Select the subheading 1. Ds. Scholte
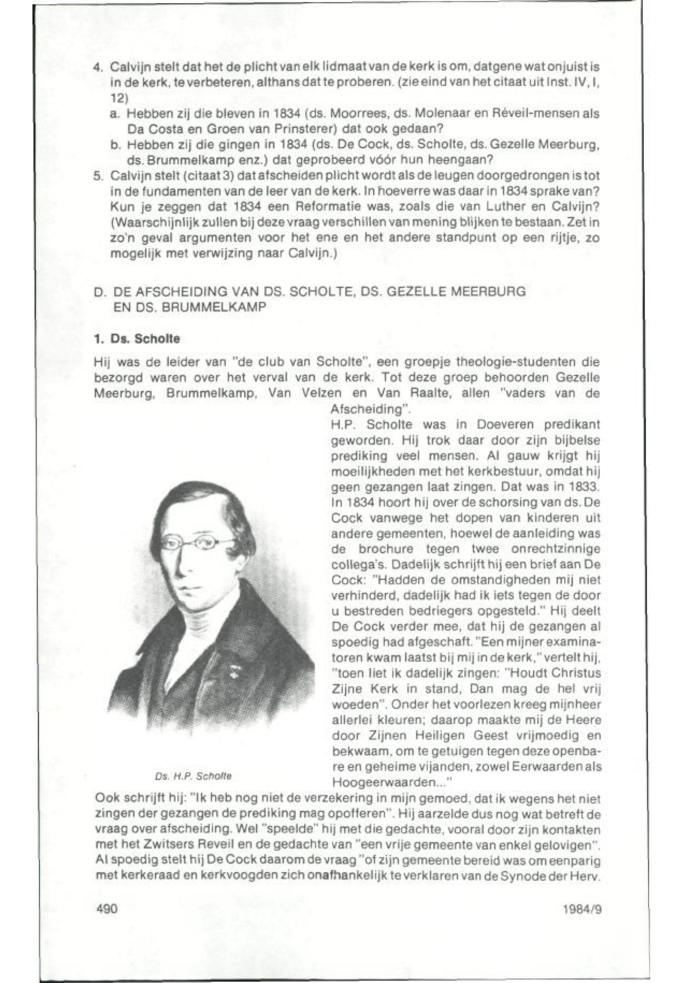(137, 339)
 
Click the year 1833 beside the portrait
(584, 487)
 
